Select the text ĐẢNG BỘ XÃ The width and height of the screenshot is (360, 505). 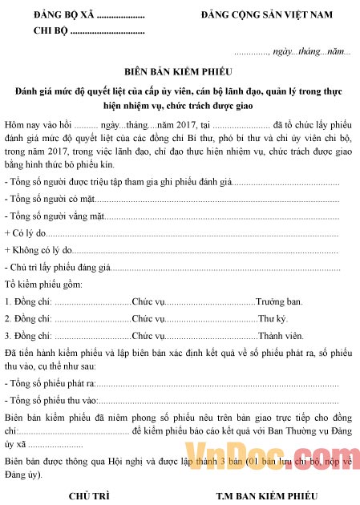click(60, 15)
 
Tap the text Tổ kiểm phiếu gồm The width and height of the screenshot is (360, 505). click(49, 285)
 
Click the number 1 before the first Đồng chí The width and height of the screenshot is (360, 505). click(7, 301)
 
